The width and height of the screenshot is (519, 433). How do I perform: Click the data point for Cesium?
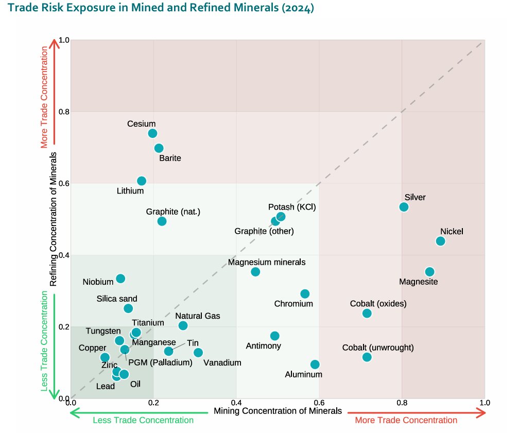coord(152,133)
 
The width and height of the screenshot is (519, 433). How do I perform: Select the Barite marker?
coord(159,148)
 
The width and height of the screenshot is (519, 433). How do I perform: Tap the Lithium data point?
coord(142,181)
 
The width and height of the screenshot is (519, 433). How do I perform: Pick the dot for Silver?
coord(404,207)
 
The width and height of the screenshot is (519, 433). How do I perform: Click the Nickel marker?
coord(440,241)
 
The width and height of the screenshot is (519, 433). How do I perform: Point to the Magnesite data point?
coord(429,271)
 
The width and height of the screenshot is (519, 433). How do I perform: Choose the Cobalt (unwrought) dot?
coord(367,357)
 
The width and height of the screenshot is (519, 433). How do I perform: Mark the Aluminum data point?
coord(315,364)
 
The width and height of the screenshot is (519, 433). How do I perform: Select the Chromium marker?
coord(305,293)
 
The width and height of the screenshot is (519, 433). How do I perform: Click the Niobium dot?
coord(120,279)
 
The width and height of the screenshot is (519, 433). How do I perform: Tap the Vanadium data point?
coord(198,352)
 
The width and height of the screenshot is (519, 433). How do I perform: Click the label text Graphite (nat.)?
coord(173,212)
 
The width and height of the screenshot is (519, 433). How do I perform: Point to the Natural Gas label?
coord(197,316)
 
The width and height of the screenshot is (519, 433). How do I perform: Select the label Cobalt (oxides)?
coord(378,303)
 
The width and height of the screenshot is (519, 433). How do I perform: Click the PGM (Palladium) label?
coord(160,362)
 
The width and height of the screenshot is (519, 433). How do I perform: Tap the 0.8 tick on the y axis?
coord(64,112)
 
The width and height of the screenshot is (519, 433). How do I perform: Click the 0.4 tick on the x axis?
coord(236,403)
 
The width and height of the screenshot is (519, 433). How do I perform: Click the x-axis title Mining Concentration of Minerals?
coord(278,411)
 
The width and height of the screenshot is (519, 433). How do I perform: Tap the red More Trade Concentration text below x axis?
coord(406,420)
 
